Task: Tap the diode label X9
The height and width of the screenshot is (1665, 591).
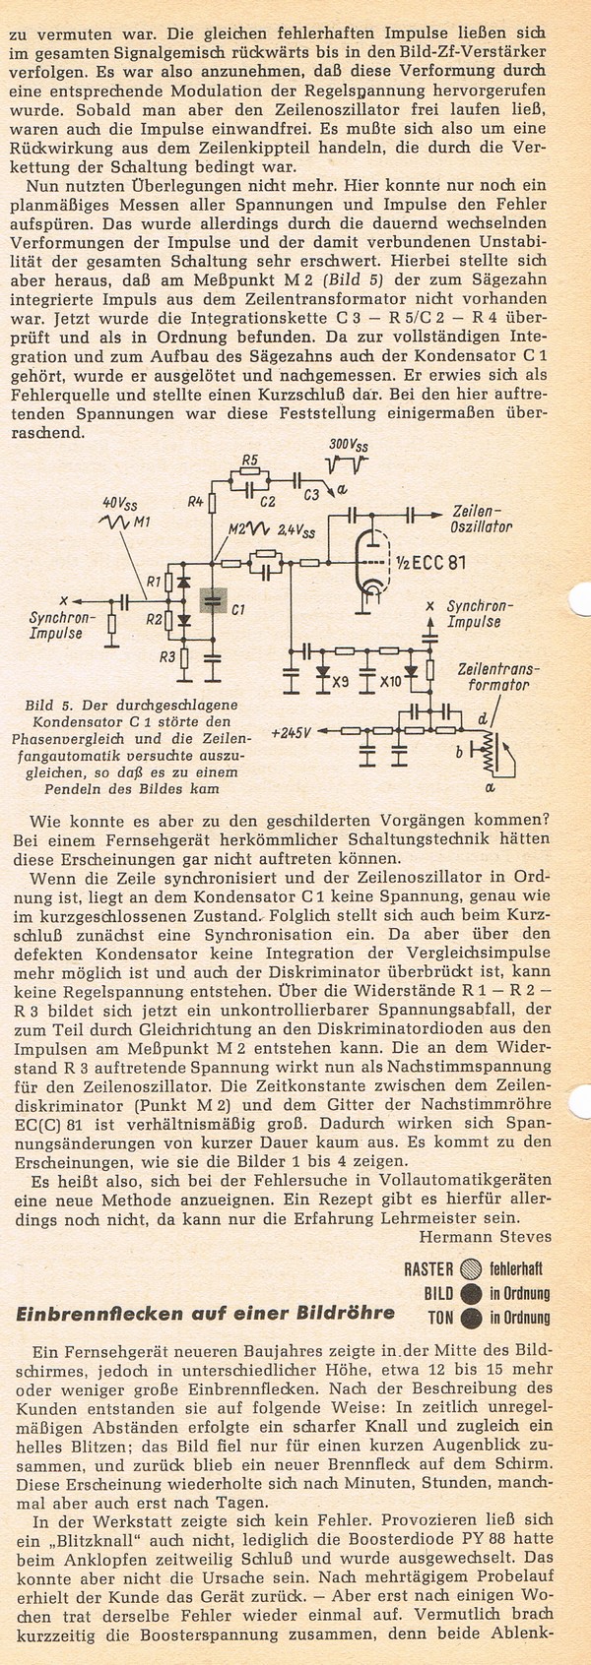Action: [342, 679]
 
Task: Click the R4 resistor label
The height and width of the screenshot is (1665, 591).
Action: [195, 503]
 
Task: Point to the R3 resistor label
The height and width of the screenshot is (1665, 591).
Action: [168, 655]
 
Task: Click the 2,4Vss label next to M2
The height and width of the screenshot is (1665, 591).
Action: [295, 531]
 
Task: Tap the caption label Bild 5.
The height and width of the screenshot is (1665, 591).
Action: [50, 707]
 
